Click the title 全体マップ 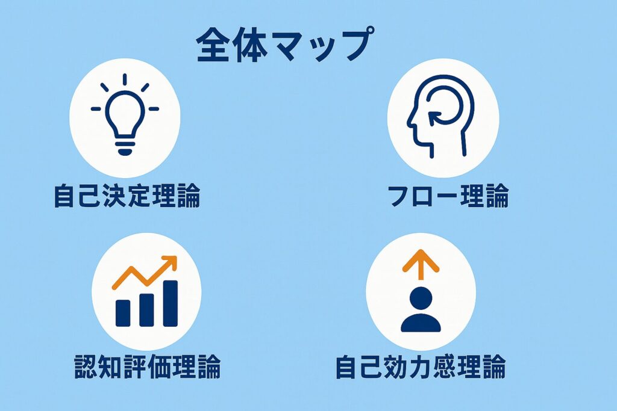tap(284, 44)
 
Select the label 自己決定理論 tap(127, 196)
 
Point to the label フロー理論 tap(448, 196)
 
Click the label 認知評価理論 tap(147, 366)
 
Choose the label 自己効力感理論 tap(420, 366)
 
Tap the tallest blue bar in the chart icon tap(171, 303)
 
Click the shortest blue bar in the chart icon tap(123, 313)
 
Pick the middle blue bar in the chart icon tap(146, 310)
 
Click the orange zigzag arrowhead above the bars tap(170, 262)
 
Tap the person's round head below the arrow tap(421, 298)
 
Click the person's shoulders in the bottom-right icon tap(421, 323)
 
